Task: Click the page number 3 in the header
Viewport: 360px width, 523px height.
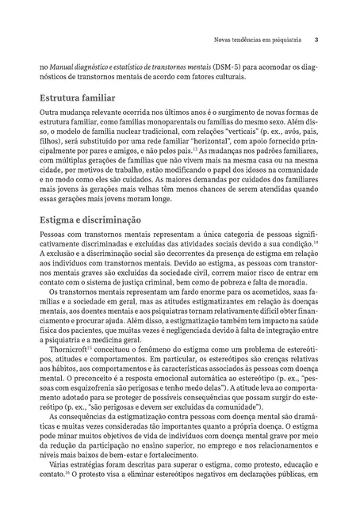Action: (316, 38)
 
